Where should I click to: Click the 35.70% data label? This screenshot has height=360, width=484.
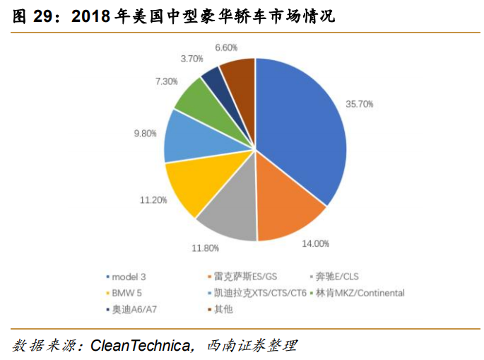(360, 104)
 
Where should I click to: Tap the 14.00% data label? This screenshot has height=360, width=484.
(315, 243)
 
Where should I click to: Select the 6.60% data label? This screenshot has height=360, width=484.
(226, 47)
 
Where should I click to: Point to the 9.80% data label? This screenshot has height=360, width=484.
(145, 134)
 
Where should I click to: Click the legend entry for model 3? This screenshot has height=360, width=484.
(126, 277)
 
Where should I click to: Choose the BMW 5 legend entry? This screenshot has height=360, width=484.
(124, 293)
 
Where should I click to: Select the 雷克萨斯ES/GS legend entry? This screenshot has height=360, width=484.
(242, 277)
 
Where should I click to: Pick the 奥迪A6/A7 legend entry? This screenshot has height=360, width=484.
(131, 309)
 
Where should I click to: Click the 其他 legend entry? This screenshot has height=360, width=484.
(220, 309)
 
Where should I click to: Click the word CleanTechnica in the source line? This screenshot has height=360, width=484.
(141, 345)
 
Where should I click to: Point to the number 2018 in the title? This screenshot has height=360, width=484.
(90, 16)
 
